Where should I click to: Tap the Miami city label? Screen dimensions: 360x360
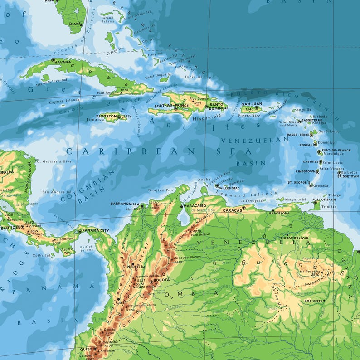coord(75,24)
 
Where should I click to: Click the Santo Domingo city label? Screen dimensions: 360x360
coord(219,106)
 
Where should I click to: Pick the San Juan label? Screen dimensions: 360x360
coord(252,104)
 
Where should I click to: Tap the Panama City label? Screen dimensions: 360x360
coord(97,231)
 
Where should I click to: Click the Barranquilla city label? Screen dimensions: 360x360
coord(126,204)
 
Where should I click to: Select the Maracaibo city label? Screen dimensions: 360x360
coord(196,206)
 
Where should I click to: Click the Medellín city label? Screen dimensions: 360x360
coord(136,267)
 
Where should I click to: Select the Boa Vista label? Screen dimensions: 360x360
coord(314,301)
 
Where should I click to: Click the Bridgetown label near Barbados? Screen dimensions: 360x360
coord(348,176)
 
